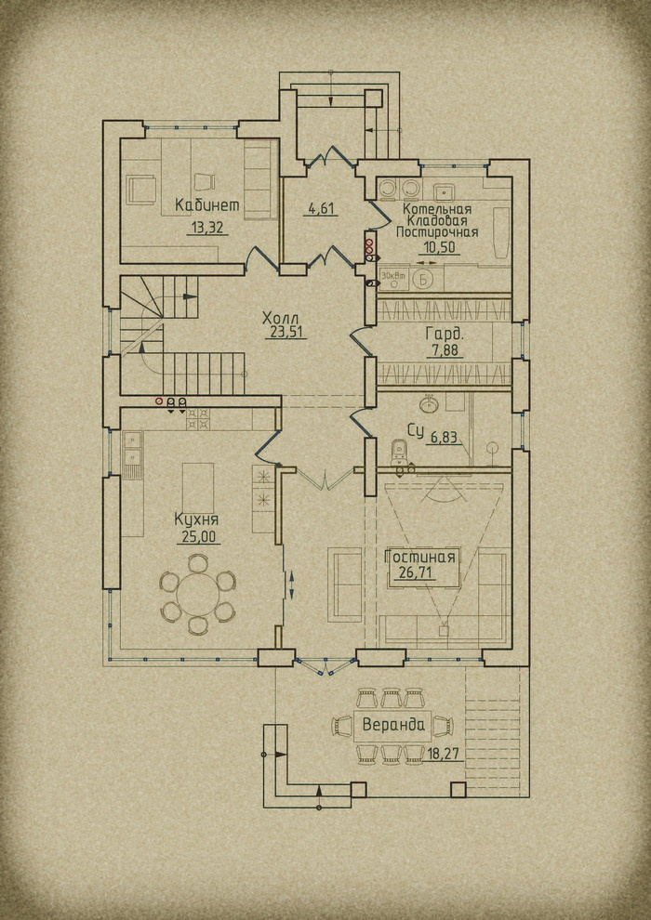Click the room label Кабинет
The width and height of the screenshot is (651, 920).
207,204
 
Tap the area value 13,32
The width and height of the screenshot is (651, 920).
207,229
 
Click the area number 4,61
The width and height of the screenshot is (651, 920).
320,208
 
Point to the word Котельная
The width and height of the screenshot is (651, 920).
437,209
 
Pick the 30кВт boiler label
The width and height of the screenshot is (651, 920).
390,274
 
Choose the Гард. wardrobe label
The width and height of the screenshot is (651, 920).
445,335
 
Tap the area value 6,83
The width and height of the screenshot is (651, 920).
445,437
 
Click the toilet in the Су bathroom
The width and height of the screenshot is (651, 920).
399,452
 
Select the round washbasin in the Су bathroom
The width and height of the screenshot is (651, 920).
428,404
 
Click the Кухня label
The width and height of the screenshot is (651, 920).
196,519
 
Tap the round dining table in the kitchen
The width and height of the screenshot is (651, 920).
198,594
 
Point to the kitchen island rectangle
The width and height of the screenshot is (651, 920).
198,488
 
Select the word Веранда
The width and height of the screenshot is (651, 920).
392,724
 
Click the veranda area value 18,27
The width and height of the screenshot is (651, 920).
444,754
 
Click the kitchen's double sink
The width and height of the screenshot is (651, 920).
132,448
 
